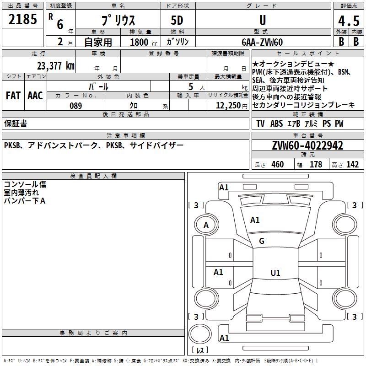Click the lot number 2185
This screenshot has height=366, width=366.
coord(23,20)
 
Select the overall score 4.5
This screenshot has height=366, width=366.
coord(348,21)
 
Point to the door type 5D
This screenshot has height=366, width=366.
coord(178,21)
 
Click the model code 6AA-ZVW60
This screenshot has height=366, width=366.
coord(262,42)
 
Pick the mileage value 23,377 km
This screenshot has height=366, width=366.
coord(55,65)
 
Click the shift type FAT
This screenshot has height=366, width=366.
coord(13,96)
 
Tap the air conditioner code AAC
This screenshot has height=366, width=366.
coord(35,96)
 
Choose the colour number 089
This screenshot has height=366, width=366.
coord(75,106)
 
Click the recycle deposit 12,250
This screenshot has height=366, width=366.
coord(227,106)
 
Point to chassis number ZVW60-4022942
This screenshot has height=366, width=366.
coord(307,146)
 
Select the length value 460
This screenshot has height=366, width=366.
coord(277,165)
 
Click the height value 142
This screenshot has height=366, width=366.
coord(352,165)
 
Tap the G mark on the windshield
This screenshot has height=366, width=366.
coord(262,241)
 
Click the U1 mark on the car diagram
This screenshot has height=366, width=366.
coord(275,273)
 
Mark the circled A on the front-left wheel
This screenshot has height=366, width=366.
coord(206,225)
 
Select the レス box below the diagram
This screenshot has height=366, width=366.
coord(200,350)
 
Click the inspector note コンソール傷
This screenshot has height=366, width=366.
coord(25,184)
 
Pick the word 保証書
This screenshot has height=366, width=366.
coord(16,124)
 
